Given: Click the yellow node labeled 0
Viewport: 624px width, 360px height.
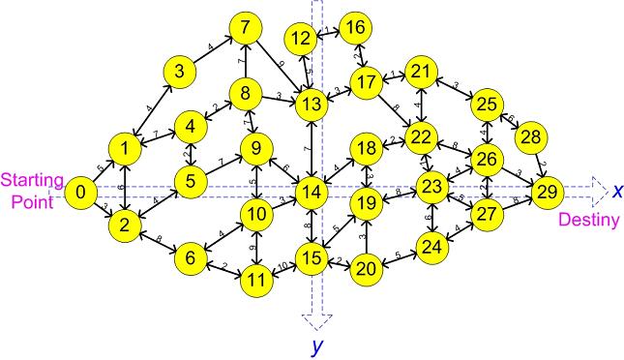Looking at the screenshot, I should point(82,194).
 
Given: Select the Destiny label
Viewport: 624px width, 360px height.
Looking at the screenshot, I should point(589,221).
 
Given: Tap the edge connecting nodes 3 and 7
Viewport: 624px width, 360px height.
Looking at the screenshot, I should point(214,50).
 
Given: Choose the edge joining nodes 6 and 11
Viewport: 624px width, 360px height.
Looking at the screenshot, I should point(223,268).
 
